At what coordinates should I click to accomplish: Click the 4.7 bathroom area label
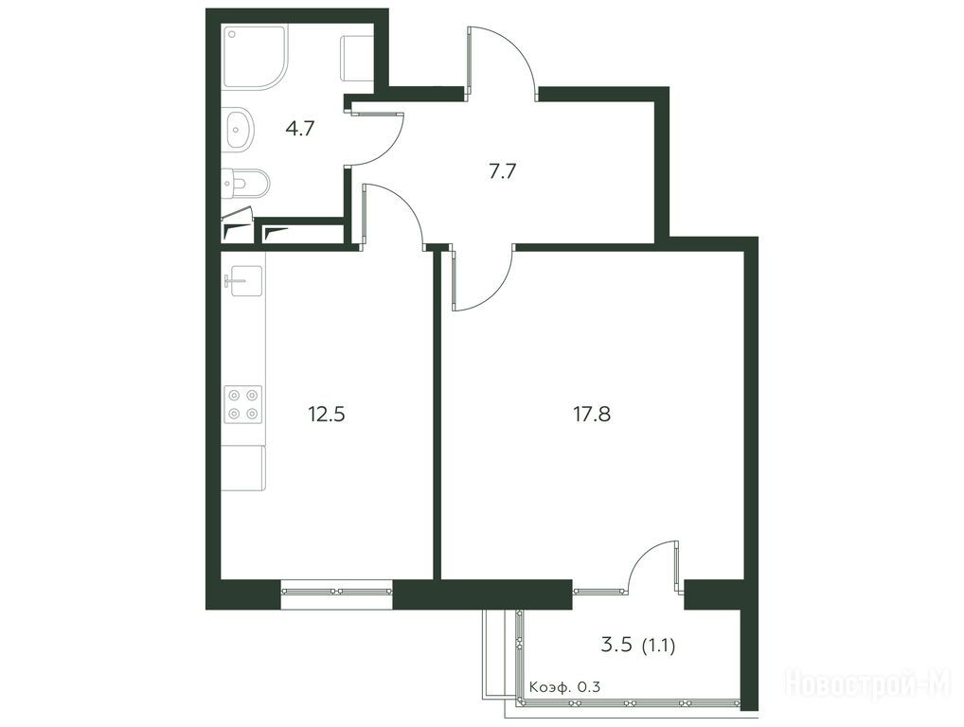pyautogui.click(x=300, y=129)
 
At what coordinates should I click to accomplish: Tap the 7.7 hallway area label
pyautogui.click(x=502, y=171)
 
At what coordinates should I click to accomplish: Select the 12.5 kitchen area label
pyautogui.click(x=327, y=415)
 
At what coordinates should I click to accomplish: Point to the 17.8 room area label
pyautogui.click(x=592, y=415)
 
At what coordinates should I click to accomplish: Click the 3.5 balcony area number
pyautogui.click(x=616, y=646)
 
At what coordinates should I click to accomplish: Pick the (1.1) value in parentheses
pyautogui.click(x=658, y=646)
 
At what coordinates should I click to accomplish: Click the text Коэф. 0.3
pyautogui.click(x=564, y=686)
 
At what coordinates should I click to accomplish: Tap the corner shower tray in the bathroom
pyautogui.click(x=255, y=58)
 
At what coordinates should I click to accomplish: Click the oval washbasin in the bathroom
pyautogui.click(x=240, y=129)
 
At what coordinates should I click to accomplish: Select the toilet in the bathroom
pyautogui.click(x=246, y=184)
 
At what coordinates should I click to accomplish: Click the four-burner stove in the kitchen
pyautogui.click(x=242, y=404)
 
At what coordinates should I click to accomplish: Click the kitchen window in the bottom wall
pyautogui.click(x=337, y=592)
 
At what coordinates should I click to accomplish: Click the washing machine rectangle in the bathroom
pyautogui.click(x=357, y=59)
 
